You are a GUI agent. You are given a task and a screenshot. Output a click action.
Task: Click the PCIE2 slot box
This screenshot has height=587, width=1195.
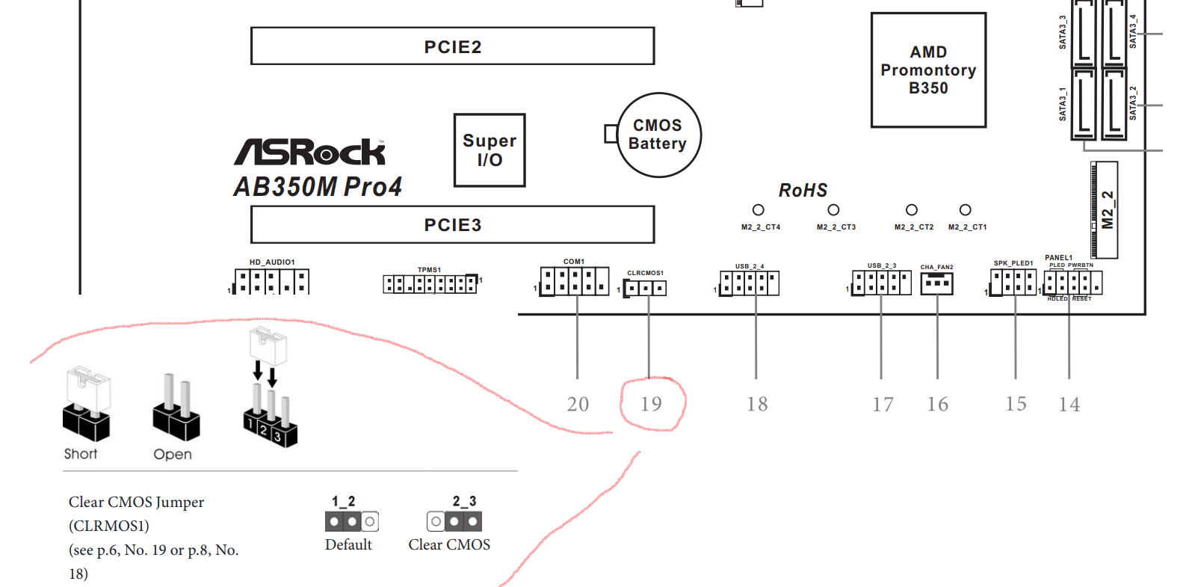(x=452, y=46)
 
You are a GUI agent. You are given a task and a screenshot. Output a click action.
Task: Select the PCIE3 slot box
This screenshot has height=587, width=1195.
(x=452, y=224)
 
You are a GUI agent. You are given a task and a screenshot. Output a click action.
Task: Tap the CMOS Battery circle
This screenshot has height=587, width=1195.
(x=658, y=135)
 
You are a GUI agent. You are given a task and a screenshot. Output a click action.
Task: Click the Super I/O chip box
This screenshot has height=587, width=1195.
(x=490, y=150)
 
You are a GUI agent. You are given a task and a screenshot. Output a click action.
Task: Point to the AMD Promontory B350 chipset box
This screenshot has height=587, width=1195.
(x=928, y=70)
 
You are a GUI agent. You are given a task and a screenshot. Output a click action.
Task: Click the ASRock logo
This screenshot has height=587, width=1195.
(x=310, y=152)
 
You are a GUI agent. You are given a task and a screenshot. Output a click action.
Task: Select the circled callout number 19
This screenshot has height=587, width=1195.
(x=651, y=405)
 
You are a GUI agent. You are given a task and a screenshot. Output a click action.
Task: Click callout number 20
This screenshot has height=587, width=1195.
(x=578, y=405)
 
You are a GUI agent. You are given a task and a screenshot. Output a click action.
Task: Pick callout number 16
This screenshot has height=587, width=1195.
(x=937, y=405)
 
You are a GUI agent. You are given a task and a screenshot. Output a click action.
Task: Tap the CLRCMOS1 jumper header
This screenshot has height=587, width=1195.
(x=646, y=288)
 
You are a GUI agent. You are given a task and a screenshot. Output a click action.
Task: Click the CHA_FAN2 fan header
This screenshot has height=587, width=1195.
(x=936, y=283)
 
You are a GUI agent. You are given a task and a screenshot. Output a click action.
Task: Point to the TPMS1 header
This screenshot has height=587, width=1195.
(x=430, y=284)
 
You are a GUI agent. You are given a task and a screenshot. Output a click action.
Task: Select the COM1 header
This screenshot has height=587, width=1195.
(x=575, y=281)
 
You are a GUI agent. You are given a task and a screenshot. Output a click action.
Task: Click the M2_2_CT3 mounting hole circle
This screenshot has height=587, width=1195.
(x=833, y=210)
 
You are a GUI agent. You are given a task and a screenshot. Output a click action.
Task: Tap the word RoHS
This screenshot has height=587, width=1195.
(x=803, y=191)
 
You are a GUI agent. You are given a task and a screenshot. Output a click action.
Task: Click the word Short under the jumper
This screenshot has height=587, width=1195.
(x=81, y=454)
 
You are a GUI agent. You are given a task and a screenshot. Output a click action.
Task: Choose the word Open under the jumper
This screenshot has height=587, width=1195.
(x=173, y=455)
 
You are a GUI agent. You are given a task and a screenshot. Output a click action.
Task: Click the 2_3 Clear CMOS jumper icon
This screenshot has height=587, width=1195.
(x=454, y=520)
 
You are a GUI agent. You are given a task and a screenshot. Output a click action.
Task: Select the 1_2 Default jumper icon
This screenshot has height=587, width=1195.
(x=352, y=521)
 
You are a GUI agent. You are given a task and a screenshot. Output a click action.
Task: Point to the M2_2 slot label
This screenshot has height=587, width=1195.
(x=1108, y=210)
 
